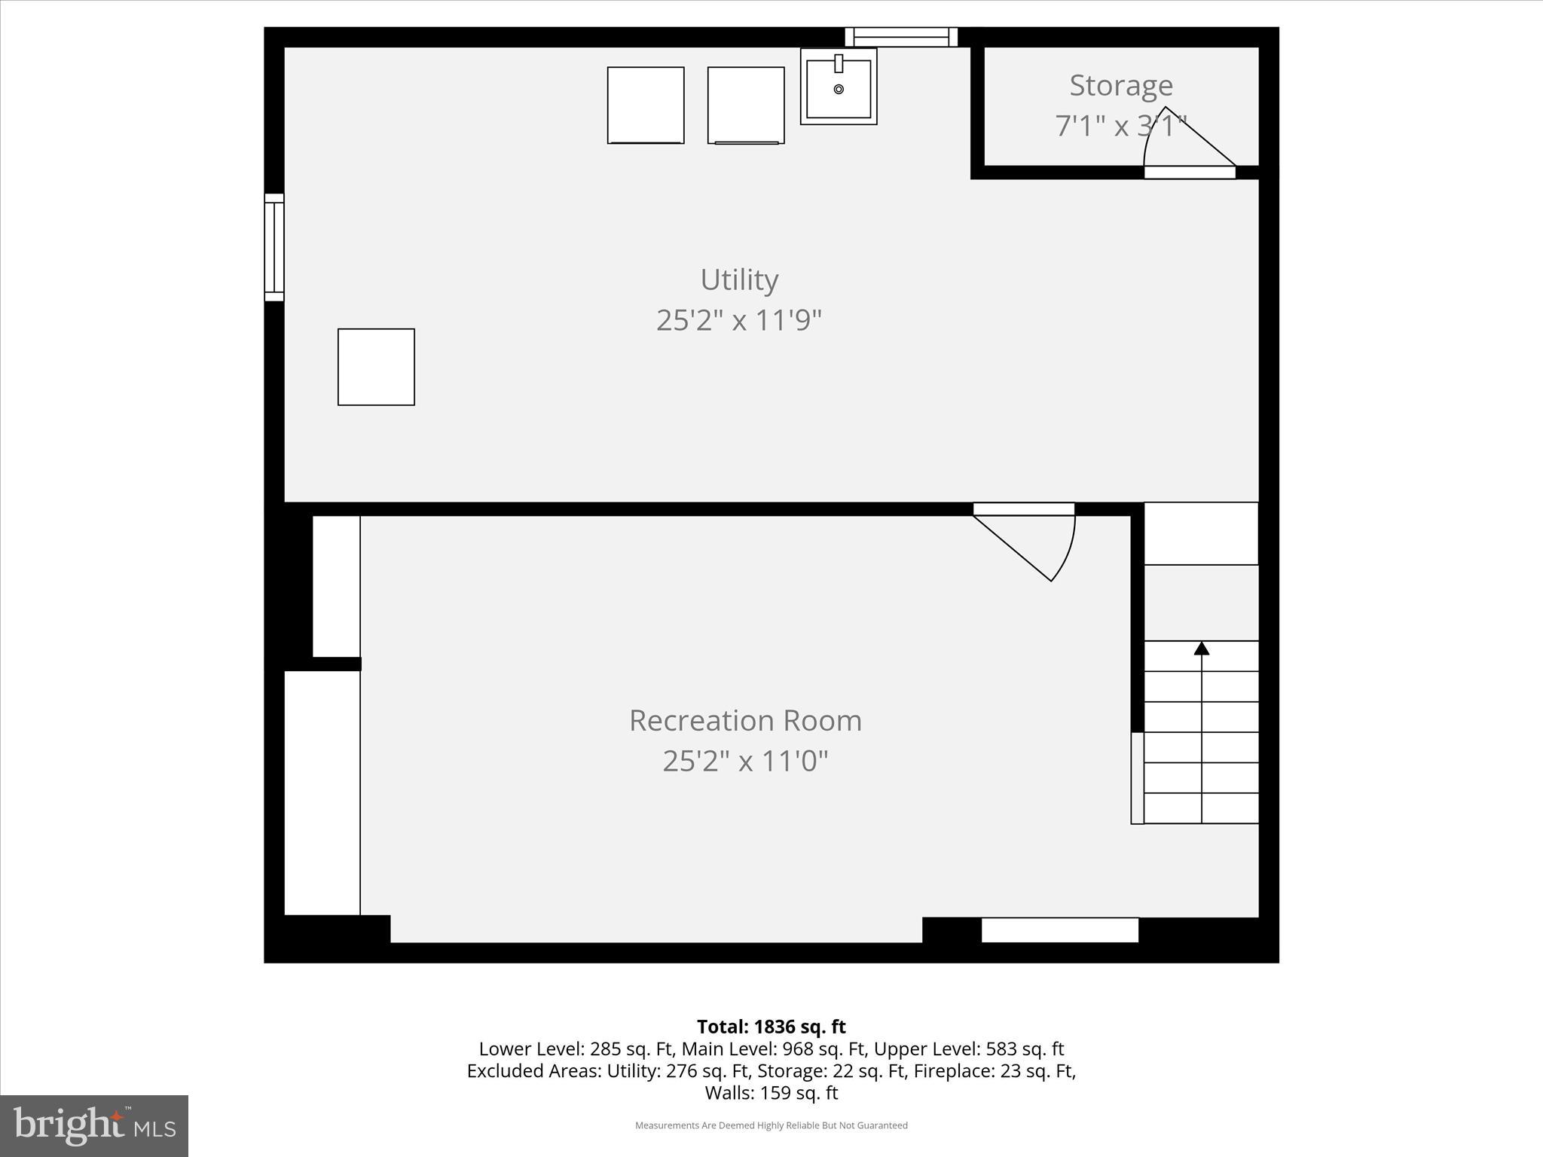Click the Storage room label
[x=1121, y=86]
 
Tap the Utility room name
[x=739, y=280]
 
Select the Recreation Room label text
[x=745, y=721]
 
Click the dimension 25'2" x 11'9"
[x=738, y=321]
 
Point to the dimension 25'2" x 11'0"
[x=745, y=762]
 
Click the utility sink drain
[x=839, y=90]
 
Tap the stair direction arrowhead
[x=1202, y=649]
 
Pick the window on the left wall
[x=274, y=247]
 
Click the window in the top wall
[x=901, y=37]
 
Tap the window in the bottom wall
[x=1059, y=930]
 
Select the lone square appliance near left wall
[x=376, y=367]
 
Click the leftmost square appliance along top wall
[x=646, y=105]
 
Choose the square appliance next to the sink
[x=746, y=105]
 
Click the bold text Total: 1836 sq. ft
[x=771, y=1027]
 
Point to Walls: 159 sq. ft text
[x=771, y=1092]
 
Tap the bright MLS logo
[x=94, y=1125]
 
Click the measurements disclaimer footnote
[x=771, y=1125]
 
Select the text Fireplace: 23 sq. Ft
[x=995, y=1070]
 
